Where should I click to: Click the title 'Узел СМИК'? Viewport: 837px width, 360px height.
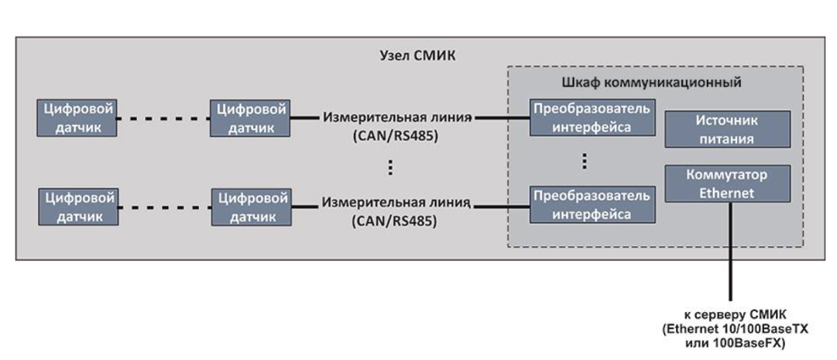418,56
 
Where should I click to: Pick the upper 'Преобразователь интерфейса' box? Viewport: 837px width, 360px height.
592,118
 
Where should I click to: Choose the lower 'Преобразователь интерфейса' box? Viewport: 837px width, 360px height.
592,204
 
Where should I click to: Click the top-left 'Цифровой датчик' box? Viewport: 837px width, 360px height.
77,118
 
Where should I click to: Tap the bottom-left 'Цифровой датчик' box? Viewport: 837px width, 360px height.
77,207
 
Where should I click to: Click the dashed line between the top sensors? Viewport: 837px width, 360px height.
164,118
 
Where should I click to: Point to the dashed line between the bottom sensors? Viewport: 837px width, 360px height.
164,207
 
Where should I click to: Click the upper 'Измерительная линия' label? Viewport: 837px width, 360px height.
396,117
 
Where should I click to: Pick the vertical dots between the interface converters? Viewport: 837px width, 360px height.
585,161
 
